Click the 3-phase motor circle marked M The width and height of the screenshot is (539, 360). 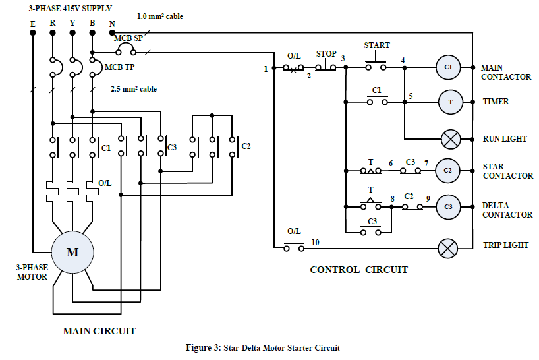coord(72,252)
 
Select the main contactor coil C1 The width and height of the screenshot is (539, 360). coord(448,67)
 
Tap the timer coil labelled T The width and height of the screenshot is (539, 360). coord(451,102)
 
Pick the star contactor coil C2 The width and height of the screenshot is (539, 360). coord(447,171)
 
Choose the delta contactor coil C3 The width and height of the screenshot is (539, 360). coord(448,207)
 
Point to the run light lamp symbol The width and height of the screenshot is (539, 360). coord(451,139)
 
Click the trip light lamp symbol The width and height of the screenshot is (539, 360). coord(448,249)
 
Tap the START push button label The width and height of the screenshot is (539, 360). coord(377,45)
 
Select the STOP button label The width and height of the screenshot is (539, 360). coord(326,54)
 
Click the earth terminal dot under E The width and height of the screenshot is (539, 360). coord(33,33)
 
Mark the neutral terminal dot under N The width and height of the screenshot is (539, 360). coord(112,33)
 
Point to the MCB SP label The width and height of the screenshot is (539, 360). coord(128,38)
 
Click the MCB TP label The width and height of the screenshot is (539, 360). coord(120,67)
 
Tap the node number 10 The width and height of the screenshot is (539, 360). coord(315,243)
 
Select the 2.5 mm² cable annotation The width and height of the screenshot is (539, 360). coord(134,89)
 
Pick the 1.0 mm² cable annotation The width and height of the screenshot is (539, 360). coord(160,16)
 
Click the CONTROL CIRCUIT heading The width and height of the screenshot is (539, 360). coord(359,270)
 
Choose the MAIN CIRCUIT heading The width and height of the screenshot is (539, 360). coord(99,331)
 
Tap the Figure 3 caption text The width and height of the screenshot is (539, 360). coord(263,348)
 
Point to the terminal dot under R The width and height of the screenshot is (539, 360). coord(53,33)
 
